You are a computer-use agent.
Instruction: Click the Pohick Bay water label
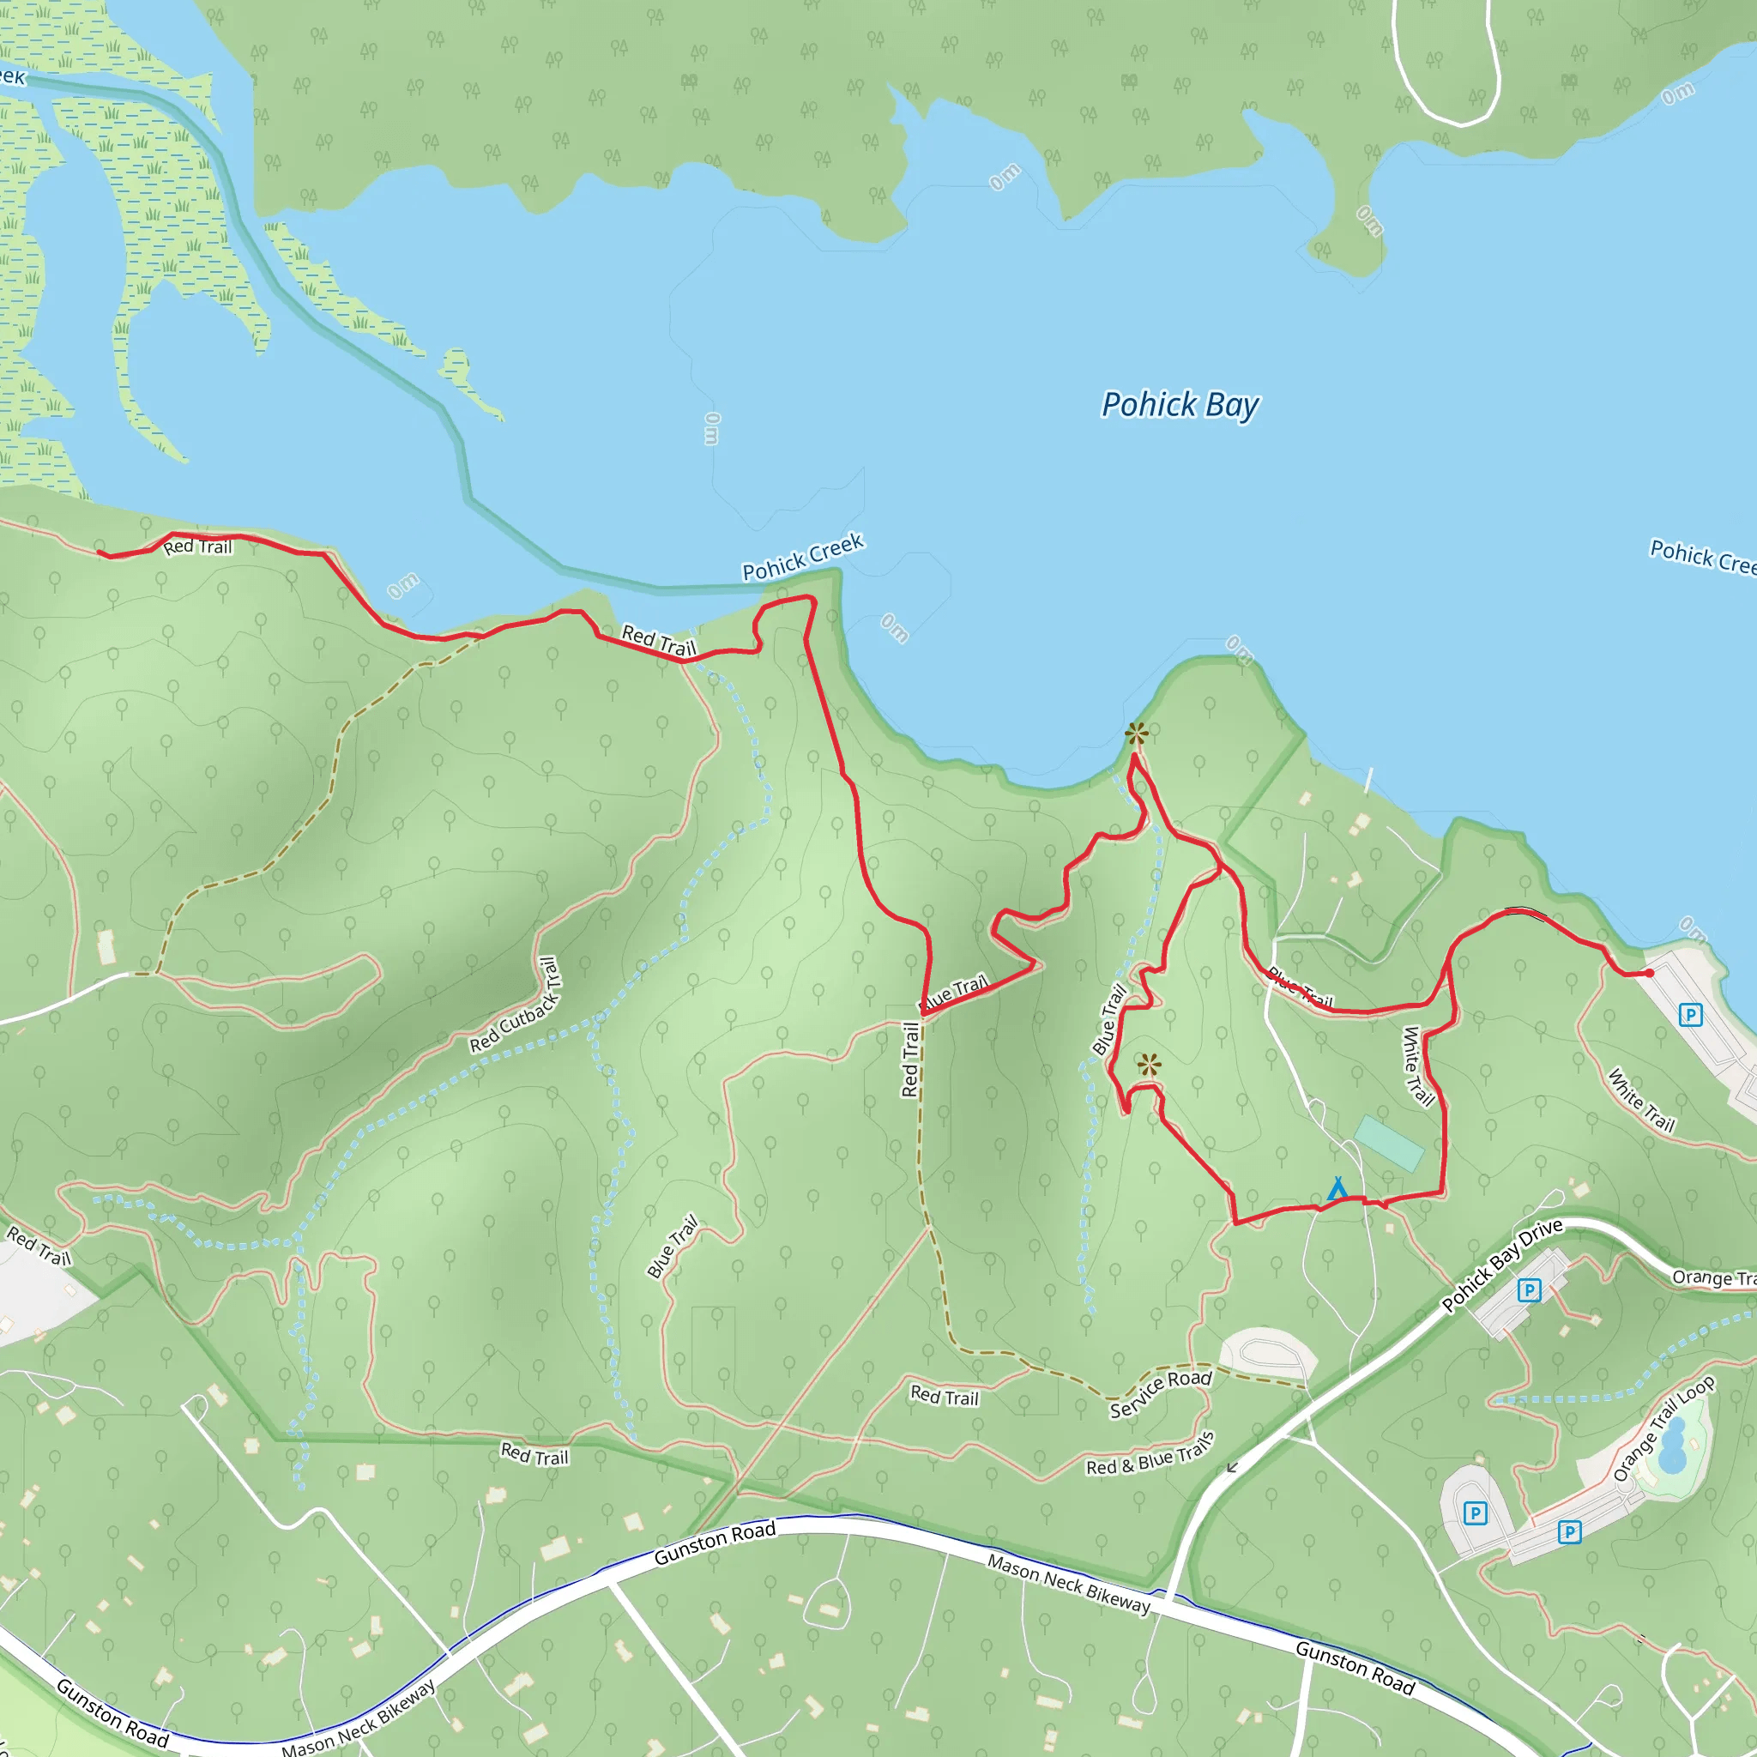pos(1180,405)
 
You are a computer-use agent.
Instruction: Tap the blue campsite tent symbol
pos(1337,1188)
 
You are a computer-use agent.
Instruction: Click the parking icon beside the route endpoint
pos(1690,1015)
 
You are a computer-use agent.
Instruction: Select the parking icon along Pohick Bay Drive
pos(1529,1290)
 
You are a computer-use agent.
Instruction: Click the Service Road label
pos(1161,1393)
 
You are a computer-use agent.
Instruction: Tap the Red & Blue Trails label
pos(1150,1454)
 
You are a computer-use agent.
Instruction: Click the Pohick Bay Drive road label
pos(1501,1265)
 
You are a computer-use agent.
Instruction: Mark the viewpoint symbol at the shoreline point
pos(1137,733)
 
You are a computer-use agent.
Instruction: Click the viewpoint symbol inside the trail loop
pos(1149,1065)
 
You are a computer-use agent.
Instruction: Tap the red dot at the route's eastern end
pos(1650,973)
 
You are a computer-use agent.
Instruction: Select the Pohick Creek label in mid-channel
pos(802,558)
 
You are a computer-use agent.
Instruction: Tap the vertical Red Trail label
pos(909,1060)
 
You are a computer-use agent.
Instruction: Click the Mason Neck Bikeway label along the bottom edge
pos(359,1722)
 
